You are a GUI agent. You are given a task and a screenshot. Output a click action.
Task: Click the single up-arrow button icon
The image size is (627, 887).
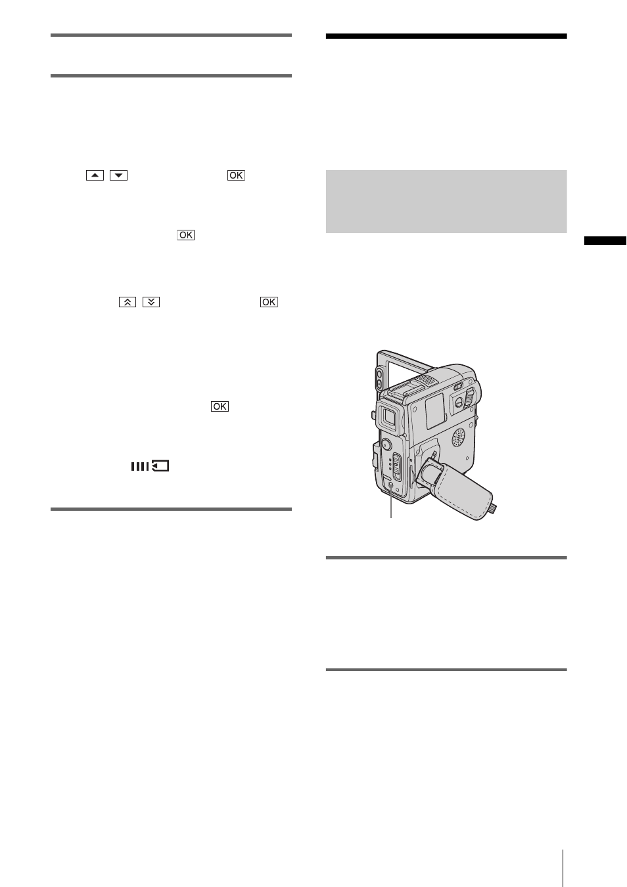pos(95,175)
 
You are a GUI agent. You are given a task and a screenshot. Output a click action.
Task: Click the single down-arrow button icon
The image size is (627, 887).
pos(118,175)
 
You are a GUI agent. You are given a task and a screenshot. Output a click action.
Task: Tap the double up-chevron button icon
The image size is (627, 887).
pos(128,302)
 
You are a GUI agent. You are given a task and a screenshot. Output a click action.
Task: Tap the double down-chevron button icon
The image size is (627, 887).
pos(151,302)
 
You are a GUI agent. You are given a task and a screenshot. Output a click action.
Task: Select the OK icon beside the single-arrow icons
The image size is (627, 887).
pos(236,175)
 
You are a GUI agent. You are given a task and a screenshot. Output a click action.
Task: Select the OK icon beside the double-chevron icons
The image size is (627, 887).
pos(269,302)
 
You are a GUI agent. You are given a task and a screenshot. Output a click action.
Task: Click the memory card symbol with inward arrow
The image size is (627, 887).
pos(160,466)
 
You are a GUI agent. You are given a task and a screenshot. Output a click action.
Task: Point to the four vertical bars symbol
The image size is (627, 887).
pos(140,466)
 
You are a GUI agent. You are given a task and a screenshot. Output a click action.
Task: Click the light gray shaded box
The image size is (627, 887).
pos(446,202)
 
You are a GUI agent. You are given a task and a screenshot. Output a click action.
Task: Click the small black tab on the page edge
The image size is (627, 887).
pos(605,241)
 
